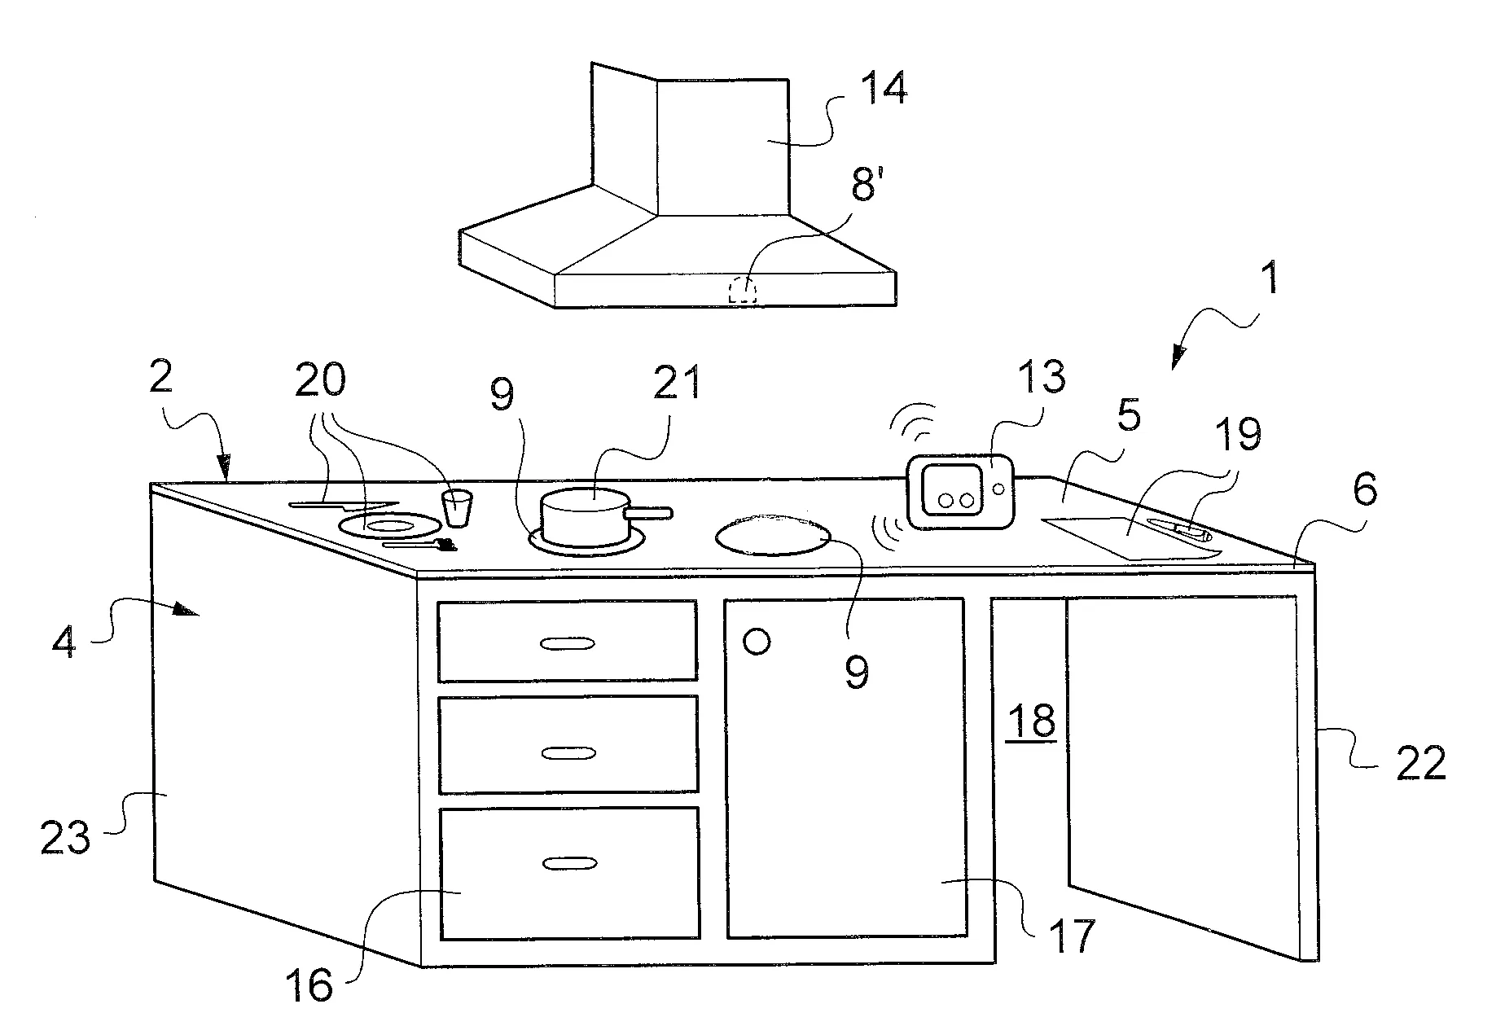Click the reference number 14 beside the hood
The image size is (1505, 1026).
click(x=883, y=88)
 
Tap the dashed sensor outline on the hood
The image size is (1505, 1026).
click(x=742, y=291)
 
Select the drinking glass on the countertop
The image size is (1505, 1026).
click(x=458, y=507)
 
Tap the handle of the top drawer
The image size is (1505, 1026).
click(x=568, y=643)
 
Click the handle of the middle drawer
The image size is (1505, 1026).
click(x=568, y=753)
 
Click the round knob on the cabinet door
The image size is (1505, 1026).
click(x=757, y=642)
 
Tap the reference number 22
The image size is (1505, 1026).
click(x=1420, y=763)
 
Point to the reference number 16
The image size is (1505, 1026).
click(x=309, y=986)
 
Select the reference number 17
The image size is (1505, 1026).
click(x=1072, y=936)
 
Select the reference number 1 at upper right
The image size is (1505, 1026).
click(x=1268, y=278)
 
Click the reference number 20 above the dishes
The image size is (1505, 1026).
click(x=320, y=379)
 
